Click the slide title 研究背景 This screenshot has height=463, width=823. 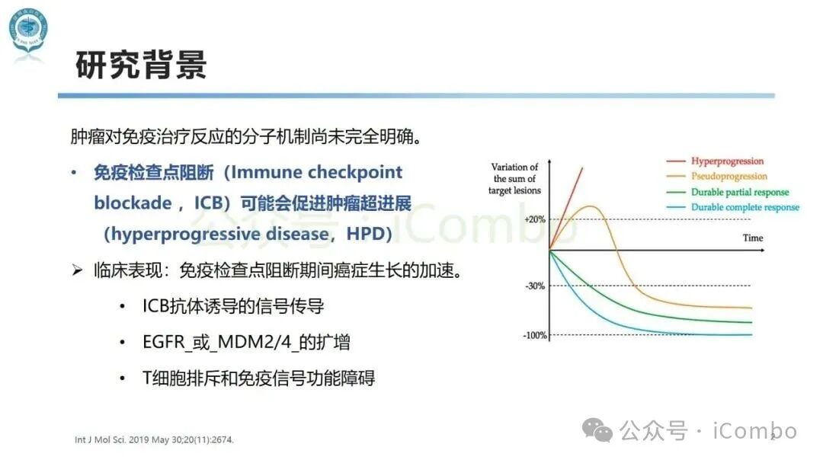click(141, 65)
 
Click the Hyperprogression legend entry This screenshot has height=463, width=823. click(726, 161)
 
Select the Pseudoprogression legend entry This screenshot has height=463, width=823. click(729, 177)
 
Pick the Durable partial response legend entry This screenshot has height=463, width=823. click(739, 192)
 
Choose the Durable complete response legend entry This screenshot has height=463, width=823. click(745, 207)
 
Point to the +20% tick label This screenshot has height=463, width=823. click(535, 219)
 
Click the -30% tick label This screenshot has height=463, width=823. click(535, 286)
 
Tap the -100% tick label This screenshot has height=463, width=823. click(535, 335)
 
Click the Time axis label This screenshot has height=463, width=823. click(752, 238)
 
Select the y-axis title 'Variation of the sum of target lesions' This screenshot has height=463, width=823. click(514, 178)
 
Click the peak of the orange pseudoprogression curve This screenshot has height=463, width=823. click(590, 206)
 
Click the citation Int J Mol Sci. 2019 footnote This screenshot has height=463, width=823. click(154, 440)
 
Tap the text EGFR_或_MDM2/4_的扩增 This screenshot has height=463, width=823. click(246, 342)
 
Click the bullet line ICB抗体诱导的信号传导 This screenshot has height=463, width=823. click(233, 306)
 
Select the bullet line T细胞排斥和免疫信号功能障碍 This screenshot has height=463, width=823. click(258, 378)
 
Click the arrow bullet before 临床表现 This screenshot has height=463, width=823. click(76, 271)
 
